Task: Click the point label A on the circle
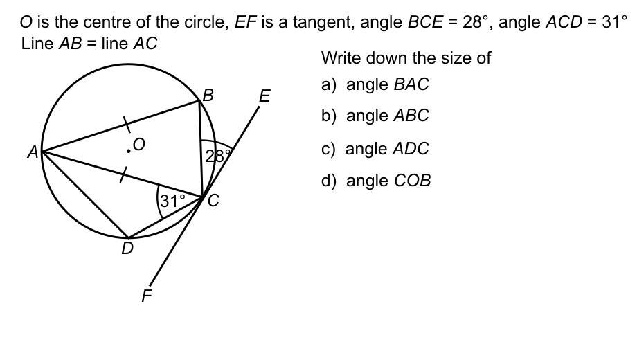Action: click(x=33, y=152)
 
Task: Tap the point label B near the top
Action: click(x=207, y=96)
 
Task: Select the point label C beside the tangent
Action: click(x=213, y=201)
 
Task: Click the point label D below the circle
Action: click(x=127, y=249)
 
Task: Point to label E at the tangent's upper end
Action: click(x=264, y=96)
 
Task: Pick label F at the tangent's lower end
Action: click(x=146, y=296)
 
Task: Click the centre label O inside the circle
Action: click(x=139, y=144)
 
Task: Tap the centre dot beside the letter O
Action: click(x=129, y=150)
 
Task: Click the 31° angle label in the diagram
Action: click(x=172, y=201)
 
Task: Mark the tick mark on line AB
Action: click(x=127, y=124)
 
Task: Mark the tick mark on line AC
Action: click(x=123, y=176)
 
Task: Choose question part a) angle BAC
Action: click(x=375, y=84)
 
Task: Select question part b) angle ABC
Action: click(x=375, y=116)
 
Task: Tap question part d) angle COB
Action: click(x=375, y=181)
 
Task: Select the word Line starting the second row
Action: click(x=37, y=44)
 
